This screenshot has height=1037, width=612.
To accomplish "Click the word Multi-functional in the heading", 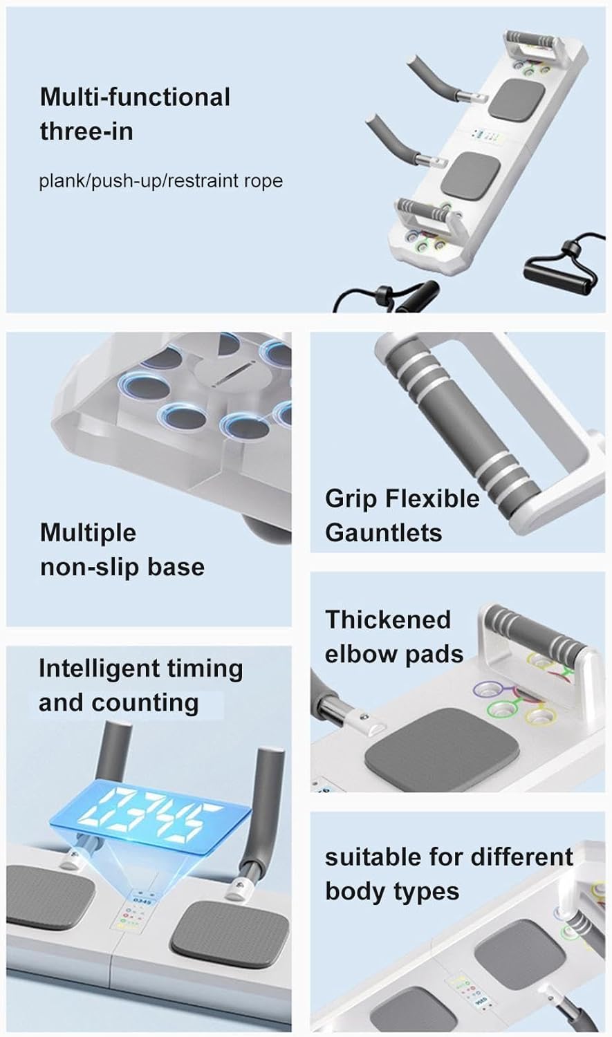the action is tap(135, 97).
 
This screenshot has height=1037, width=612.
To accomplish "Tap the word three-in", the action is tap(86, 131).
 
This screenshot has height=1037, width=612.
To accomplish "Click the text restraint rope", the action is tap(225, 180).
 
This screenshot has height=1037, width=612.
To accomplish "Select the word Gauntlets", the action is tap(383, 532).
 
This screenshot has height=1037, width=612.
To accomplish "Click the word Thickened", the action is tap(388, 619).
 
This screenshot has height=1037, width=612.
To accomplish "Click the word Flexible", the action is tap(432, 498).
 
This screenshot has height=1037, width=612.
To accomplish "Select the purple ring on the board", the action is tap(488, 690).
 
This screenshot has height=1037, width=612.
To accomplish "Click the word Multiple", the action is tap(88, 532).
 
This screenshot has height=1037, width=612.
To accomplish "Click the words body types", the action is tap(392, 892).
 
